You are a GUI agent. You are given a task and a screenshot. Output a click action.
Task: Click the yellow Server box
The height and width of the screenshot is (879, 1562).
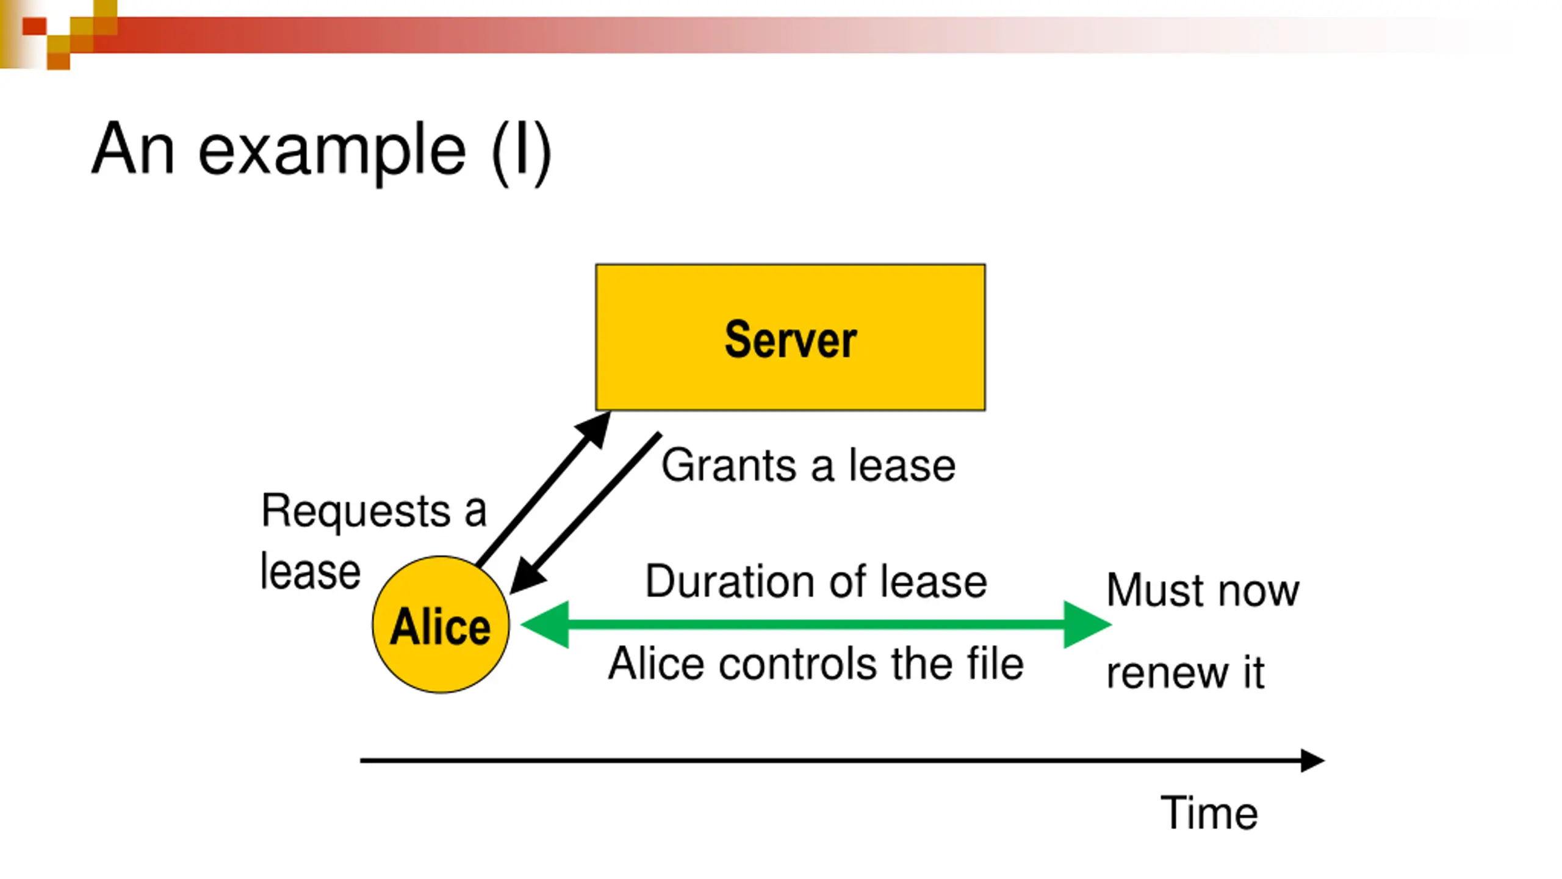click(790, 337)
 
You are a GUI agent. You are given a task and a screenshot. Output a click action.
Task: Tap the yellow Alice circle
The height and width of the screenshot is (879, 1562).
click(441, 624)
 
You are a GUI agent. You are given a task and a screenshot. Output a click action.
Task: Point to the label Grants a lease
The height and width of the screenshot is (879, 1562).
click(808, 465)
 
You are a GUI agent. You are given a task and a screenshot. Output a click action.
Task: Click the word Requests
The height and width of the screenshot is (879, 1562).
click(356, 511)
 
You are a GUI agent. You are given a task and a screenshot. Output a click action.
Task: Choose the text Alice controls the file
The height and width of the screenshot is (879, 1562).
click(816, 664)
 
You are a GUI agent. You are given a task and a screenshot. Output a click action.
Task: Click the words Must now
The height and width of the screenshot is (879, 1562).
click(1203, 590)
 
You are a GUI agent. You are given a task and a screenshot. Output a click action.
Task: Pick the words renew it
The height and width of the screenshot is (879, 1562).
click(1185, 673)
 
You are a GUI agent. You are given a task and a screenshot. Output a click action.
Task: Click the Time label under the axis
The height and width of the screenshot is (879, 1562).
click(1209, 813)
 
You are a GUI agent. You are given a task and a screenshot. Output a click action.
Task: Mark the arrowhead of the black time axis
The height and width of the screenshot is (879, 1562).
click(1312, 761)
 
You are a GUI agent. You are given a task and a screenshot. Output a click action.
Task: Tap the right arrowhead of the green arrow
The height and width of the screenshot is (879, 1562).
click(1087, 624)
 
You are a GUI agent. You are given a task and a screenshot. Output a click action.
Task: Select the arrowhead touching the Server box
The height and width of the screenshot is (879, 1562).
click(594, 430)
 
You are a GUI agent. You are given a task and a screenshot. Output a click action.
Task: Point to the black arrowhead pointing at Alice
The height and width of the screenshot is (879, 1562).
click(527, 577)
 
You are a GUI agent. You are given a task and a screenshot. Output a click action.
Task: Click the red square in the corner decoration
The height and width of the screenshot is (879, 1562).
click(34, 26)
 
